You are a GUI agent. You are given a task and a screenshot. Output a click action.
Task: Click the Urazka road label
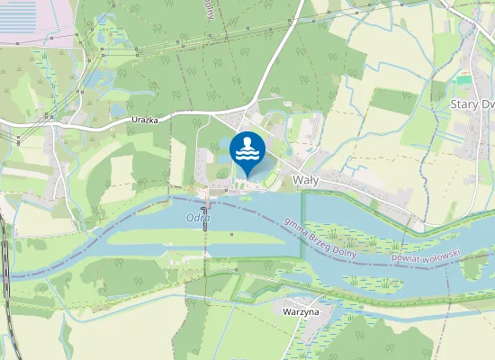point(125,120)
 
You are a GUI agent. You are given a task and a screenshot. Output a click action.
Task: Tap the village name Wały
point(308,180)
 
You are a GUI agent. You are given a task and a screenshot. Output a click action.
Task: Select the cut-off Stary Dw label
point(472,103)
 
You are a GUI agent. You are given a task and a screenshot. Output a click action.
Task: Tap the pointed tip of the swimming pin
point(247,176)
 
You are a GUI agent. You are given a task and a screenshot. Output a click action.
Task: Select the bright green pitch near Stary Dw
point(463,80)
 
